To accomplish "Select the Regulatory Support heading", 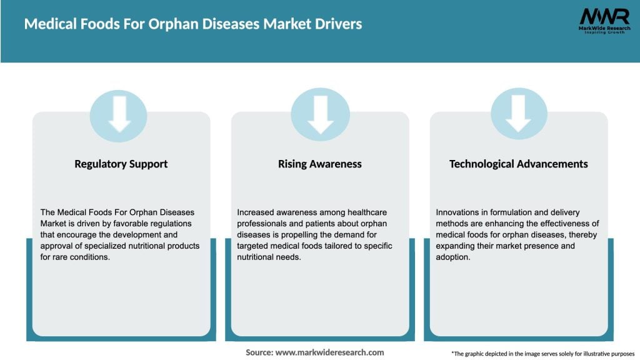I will coord(121,164).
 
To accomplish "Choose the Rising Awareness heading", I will coord(320,164).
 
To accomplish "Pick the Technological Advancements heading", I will coord(519,164).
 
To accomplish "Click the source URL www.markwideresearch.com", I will coord(329,352).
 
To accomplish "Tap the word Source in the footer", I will coord(259,352).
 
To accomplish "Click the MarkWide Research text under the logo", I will coord(604,28).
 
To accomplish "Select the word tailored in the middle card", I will coord(324,246).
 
